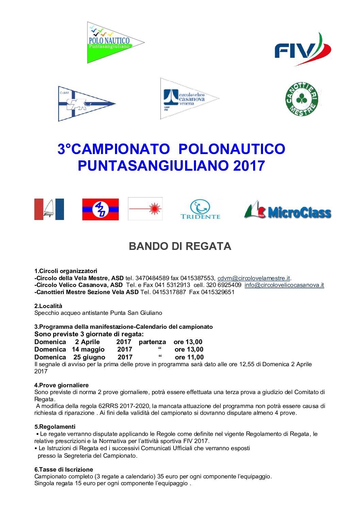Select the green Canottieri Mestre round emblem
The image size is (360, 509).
(x=301, y=99)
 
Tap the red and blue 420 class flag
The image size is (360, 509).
(x=100, y=209)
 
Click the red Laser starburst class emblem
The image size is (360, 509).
(x=145, y=209)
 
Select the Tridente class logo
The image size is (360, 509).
(x=200, y=209)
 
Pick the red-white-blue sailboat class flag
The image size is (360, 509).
(x=49, y=209)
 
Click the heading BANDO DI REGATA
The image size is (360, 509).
(x=180, y=246)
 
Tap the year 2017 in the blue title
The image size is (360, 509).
(x=249, y=166)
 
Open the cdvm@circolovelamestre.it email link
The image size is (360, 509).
(x=253, y=278)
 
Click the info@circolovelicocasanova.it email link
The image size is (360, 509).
(x=284, y=285)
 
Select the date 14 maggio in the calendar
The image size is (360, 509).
(x=88, y=350)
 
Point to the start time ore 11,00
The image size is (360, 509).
(x=189, y=357)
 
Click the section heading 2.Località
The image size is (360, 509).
(x=48, y=306)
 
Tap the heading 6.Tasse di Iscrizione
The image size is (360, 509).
(x=64, y=470)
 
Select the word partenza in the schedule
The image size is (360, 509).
(x=152, y=342)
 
